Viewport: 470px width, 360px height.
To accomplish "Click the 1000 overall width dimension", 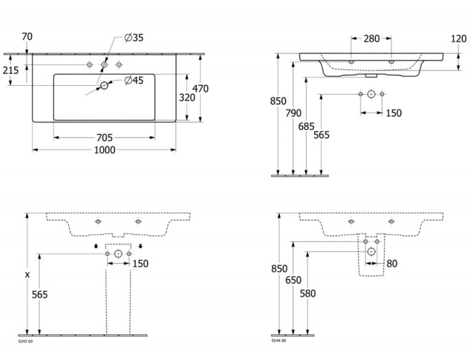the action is click(105, 150).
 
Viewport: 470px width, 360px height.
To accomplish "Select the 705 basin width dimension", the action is click(105, 138).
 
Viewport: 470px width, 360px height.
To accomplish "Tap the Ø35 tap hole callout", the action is click(134, 38).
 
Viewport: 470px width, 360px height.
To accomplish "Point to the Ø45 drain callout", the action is click(134, 80).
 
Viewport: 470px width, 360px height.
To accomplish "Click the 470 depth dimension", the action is click(200, 89).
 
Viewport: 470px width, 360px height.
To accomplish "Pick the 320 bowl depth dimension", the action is click(187, 97).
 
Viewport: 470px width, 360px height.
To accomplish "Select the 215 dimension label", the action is click(11, 70).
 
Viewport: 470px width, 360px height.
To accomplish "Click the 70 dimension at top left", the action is click(27, 37).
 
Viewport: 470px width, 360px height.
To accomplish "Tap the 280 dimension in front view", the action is click(372, 39).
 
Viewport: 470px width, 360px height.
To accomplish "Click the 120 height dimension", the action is click(459, 39).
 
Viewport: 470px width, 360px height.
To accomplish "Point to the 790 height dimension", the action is click(293, 113).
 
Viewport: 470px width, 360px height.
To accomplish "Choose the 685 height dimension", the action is click(306, 127).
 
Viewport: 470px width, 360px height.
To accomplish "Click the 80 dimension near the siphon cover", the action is click(392, 264).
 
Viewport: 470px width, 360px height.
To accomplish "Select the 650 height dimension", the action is click(293, 280).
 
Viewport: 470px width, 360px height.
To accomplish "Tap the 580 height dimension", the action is click(308, 294).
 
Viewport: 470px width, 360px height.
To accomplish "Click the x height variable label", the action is click(27, 275).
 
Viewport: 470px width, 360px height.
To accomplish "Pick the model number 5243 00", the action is click(26, 342).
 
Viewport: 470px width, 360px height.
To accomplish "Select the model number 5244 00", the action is click(279, 341).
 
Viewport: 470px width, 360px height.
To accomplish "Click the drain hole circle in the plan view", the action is click(104, 86).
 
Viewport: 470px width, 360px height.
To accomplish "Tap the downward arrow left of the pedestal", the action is click(96, 246).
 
